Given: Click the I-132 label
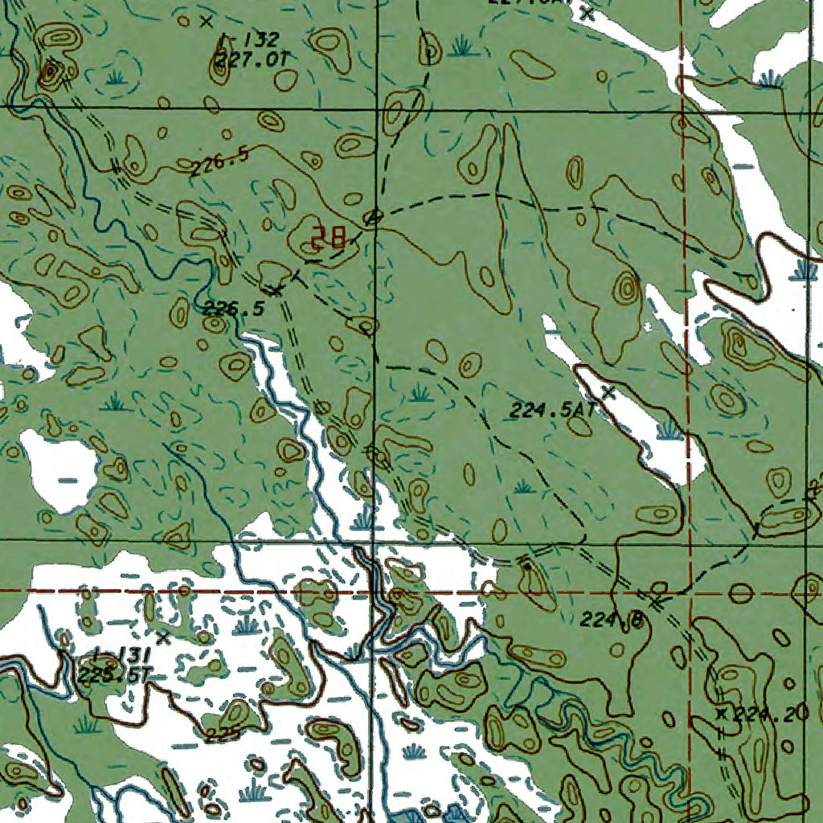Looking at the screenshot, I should click(x=248, y=39).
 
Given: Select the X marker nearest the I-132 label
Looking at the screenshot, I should click(x=206, y=21).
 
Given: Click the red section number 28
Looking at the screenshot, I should click(x=329, y=237).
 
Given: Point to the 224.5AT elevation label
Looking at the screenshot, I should click(x=551, y=410).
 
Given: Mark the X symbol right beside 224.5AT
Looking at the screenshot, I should click(x=608, y=392).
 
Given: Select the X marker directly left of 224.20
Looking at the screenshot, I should click(x=721, y=714).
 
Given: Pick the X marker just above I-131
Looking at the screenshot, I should click(x=163, y=637).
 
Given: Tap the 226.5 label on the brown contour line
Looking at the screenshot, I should click(x=219, y=162).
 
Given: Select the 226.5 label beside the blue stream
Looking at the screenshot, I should click(x=233, y=308).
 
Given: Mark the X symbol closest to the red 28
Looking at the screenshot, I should click(x=277, y=289).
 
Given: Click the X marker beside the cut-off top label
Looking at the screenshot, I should click(x=588, y=13).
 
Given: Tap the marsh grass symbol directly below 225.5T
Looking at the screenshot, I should click(x=86, y=725).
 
